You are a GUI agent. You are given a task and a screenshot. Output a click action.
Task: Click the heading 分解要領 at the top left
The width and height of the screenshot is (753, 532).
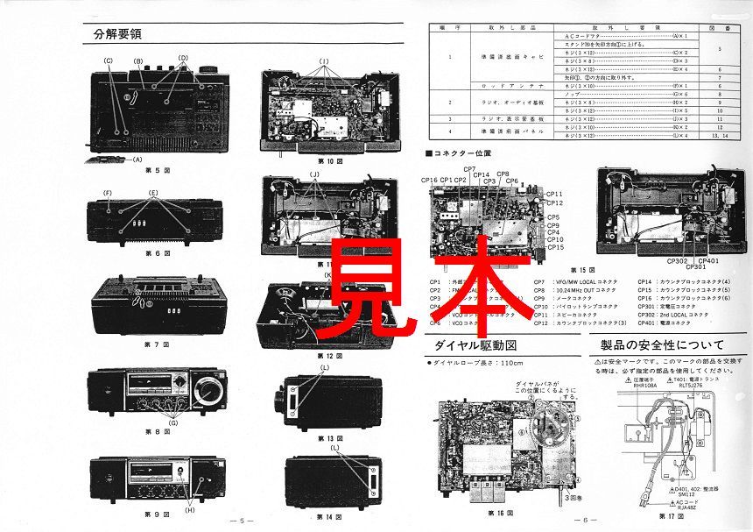tap(117, 35)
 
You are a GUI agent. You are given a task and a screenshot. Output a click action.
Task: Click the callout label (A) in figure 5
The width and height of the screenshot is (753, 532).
tap(137, 160)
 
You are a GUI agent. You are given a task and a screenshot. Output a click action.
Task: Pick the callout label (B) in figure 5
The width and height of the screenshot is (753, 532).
tap(138, 60)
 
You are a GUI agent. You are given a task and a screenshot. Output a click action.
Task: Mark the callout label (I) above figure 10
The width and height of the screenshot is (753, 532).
tap(323, 60)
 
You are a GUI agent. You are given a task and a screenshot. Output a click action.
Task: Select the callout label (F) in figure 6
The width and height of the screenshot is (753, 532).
tap(107, 191)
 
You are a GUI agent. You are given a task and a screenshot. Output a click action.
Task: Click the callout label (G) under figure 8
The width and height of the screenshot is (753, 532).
tap(173, 423)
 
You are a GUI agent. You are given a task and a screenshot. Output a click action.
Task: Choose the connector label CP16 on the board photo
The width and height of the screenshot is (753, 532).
tap(429, 181)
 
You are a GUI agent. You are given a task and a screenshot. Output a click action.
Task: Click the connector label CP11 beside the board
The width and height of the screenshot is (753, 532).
tap(554, 193)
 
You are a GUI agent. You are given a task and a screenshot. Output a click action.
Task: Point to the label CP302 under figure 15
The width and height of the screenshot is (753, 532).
tap(678, 260)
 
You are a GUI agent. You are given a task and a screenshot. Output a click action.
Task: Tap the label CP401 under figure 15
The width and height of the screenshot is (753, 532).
tap(708, 260)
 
